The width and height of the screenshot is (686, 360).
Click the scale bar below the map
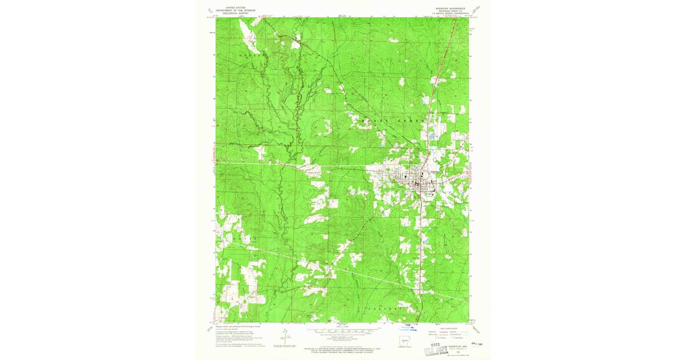[343, 330]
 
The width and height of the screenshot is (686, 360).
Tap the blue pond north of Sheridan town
[433, 137]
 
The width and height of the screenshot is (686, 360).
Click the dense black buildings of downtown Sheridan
[422, 184]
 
